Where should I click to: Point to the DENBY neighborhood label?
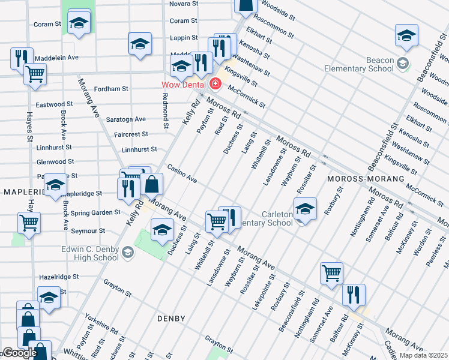click(170, 318)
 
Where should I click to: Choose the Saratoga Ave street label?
click(126, 119)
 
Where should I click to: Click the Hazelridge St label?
click(59, 277)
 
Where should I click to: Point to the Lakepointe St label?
click(263, 287)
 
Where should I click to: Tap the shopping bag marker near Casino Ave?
click(152, 184)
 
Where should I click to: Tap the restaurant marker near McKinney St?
click(354, 294)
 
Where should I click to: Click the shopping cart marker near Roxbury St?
click(331, 273)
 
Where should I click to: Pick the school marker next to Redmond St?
click(140, 44)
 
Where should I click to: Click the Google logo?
click(19, 353)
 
